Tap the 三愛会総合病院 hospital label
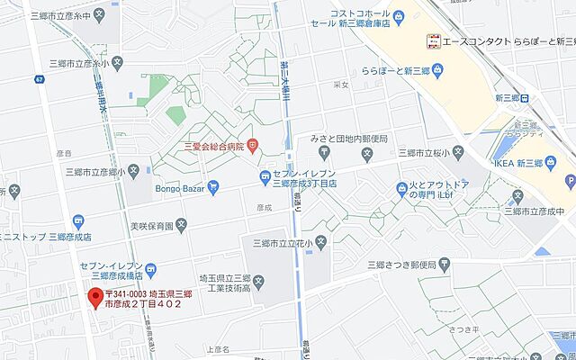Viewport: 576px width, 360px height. (x=214, y=147)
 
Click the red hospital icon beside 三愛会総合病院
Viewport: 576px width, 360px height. (x=254, y=145)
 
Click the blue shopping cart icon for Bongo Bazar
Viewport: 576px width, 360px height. (x=213, y=187)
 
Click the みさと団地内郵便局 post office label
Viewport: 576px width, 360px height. (x=348, y=139)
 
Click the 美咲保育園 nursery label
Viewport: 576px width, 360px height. (x=151, y=225)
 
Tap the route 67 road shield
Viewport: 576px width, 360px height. (x=40, y=80)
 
